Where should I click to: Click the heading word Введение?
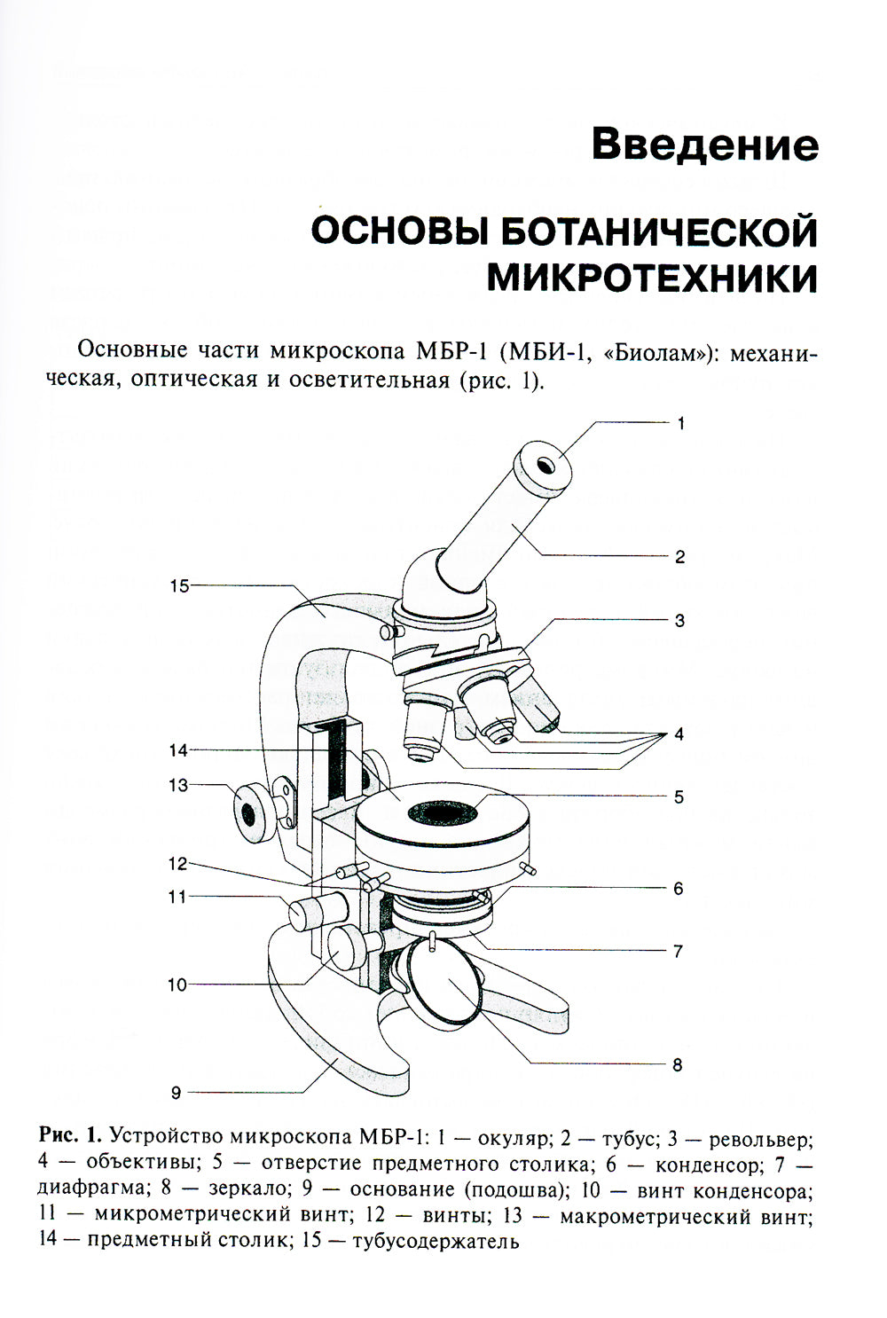704,145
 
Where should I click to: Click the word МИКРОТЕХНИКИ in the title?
652,278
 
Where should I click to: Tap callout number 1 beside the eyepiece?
680,423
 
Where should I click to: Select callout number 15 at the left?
180,585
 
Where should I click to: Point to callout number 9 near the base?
176,1093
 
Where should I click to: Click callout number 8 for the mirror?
678,1064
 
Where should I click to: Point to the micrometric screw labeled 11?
317,910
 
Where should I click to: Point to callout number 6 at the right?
678,888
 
